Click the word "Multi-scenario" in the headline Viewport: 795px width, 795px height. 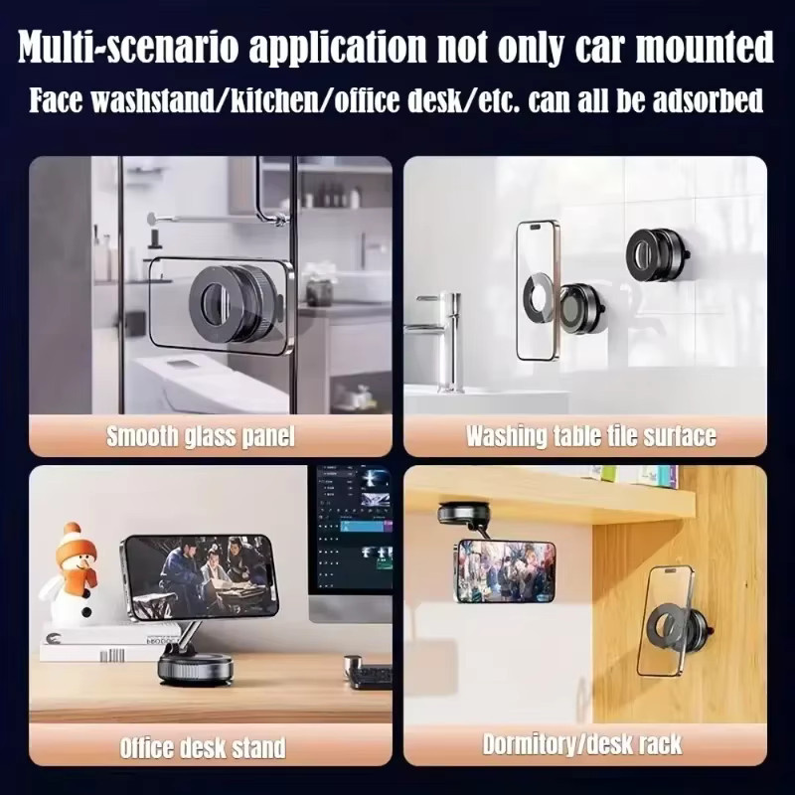click(x=129, y=47)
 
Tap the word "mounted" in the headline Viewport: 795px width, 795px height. click(x=705, y=47)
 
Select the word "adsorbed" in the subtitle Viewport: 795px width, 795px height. click(x=708, y=99)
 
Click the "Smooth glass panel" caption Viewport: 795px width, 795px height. click(x=201, y=436)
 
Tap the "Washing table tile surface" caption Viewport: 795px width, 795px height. click(x=591, y=436)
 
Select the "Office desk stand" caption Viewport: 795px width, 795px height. click(x=203, y=748)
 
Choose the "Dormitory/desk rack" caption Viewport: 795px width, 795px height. click(x=582, y=744)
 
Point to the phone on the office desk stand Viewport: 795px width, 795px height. click(x=201, y=575)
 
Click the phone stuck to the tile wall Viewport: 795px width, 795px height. click(x=539, y=290)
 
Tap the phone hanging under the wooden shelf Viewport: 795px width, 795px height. click(x=506, y=570)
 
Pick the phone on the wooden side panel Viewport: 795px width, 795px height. click(x=666, y=622)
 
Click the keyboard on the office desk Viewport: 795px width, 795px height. click(x=370, y=678)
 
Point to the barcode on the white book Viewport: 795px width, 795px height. click(x=111, y=656)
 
